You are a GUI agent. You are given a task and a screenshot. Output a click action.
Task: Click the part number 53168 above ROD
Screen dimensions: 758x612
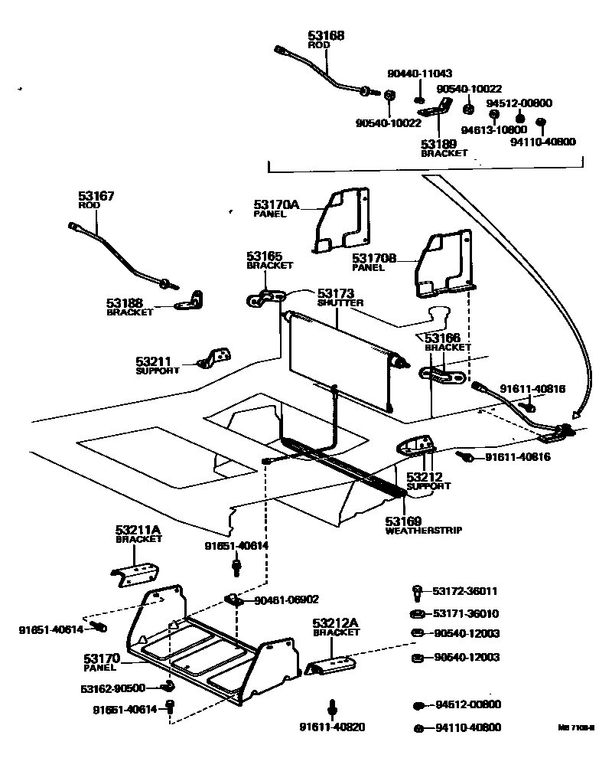pos(326,35)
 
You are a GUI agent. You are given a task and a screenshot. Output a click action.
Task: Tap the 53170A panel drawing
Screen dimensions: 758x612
pos(341,220)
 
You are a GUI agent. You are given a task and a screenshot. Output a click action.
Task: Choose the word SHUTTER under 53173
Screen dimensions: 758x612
pos(340,303)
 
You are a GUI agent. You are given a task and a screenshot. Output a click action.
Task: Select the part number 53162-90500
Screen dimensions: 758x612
pos(113,688)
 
